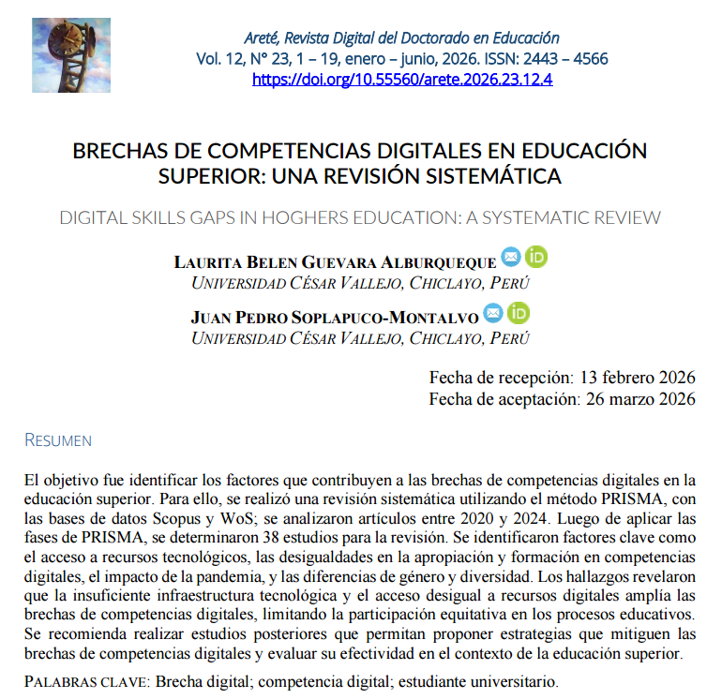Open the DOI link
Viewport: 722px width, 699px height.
[402, 80]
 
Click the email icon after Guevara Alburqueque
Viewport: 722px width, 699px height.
[511, 257]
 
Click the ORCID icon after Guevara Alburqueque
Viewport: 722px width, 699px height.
[535, 257]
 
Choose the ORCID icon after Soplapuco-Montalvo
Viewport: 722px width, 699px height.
[518, 313]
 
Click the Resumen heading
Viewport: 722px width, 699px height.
[58, 440]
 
